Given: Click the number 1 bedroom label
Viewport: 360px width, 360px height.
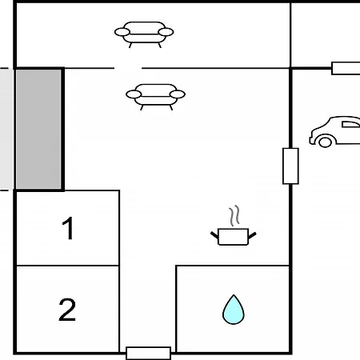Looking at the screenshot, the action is (x=68, y=228).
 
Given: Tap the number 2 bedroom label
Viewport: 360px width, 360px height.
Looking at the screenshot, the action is (x=67, y=310).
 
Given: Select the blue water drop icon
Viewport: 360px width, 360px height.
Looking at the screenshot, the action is (x=234, y=310).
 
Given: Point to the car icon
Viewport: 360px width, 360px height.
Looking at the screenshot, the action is (x=334, y=132).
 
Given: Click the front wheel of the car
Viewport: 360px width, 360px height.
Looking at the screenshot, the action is (x=325, y=142).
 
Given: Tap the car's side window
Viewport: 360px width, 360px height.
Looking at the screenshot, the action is (x=350, y=125).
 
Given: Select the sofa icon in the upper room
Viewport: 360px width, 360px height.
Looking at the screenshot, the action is (x=144, y=34).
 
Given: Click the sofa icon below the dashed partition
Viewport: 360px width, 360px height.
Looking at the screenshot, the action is (x=155, y=97).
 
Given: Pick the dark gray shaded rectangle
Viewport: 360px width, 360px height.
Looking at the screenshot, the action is (x=38, y=130).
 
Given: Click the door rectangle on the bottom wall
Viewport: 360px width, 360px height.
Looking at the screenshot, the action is (x=148, y=354).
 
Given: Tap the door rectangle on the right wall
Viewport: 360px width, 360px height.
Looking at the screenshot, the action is (x=290, y=166).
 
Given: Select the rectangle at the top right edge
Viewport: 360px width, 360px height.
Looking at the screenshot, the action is (x=346, y=68).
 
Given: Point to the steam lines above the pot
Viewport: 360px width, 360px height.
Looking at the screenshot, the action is (x=234, y=215).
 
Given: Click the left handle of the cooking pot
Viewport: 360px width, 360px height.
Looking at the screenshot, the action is (x=214, y=235).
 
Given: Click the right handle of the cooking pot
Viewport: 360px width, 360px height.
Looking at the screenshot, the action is (x=252, y=235).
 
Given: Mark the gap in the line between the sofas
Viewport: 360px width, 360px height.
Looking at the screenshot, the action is (x=128, y=68).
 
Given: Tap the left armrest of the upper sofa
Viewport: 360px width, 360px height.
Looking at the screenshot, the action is (x=122, y=32).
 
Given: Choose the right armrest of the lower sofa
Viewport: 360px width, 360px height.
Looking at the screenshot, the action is (x=178, y=94).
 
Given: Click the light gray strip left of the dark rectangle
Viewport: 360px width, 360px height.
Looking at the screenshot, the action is (x=6, y=130).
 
